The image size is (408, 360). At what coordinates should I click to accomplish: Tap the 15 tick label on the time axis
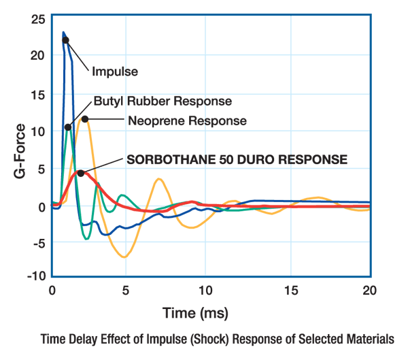click(290, 289)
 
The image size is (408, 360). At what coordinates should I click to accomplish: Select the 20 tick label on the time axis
click(370, 289)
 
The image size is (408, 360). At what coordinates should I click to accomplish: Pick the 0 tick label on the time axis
click(52, 289)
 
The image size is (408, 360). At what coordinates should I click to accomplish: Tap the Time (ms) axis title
click(195, 314)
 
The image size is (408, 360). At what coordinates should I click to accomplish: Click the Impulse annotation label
click(115, 71)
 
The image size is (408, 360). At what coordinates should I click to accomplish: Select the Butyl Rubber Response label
click(163, 102)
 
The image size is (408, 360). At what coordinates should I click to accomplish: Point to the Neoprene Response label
click(186, 121)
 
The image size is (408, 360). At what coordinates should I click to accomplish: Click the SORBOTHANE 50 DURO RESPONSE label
click(237, 160)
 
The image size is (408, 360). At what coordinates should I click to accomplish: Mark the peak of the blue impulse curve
click(64, 32)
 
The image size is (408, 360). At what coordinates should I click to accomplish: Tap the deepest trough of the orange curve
click(124, 257)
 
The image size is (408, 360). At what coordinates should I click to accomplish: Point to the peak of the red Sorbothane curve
click(84, 172)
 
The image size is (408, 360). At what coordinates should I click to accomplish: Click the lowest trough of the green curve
click(86, 239)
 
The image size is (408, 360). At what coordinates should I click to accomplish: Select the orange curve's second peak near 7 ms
click(158, 179)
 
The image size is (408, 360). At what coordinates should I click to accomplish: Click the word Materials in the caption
click(368, 338)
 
